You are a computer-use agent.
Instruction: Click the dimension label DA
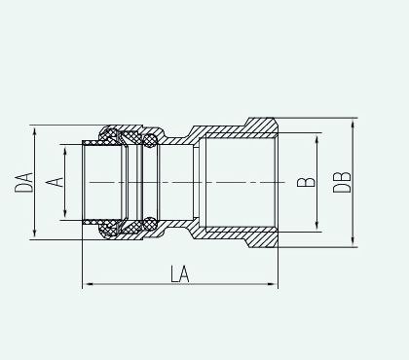[x=23, y=183]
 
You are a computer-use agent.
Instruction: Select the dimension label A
[x=55, y=182]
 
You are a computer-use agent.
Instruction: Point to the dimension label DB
[x=342, y=182]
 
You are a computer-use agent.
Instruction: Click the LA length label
[x=180, y=274]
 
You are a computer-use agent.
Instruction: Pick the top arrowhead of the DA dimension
[x=34, y=132]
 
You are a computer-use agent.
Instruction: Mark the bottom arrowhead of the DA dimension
[x=34, y=233]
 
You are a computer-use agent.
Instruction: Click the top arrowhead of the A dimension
[x=65, y=152]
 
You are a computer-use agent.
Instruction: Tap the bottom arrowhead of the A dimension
[x=65, y=213]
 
